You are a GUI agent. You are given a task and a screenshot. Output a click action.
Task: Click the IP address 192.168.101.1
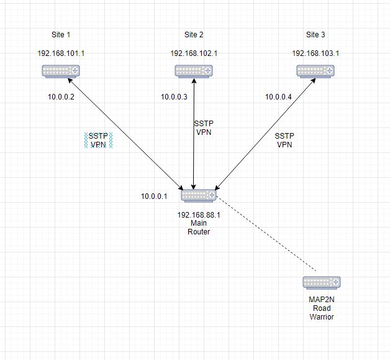[61, 53]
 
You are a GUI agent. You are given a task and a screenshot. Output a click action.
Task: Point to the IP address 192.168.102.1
[194, 53]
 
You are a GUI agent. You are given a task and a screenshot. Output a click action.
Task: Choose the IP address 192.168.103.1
[315, 53]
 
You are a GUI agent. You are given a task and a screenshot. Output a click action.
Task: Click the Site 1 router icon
[61, 71]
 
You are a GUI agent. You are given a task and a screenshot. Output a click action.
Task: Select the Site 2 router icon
[194, 71]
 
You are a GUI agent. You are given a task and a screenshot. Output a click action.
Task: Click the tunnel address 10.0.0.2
[61, 96]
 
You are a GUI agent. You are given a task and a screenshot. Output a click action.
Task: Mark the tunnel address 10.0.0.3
[174, 96]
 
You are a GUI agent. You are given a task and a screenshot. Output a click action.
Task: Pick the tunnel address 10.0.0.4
[278, 96]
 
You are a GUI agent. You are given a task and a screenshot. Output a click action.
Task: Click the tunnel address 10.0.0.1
[154, 196]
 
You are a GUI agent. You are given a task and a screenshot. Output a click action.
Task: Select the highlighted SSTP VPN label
[98, 140]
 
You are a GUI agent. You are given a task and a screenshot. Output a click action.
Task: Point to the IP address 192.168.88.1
[199, 215]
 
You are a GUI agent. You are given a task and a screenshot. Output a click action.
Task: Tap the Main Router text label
[199, 228]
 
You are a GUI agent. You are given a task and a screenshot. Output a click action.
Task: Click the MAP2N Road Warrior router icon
[322, 282]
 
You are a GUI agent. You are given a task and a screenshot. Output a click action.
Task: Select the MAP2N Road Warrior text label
[322, 308]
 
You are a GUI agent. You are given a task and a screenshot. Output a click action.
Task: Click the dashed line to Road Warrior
[267, 234]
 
